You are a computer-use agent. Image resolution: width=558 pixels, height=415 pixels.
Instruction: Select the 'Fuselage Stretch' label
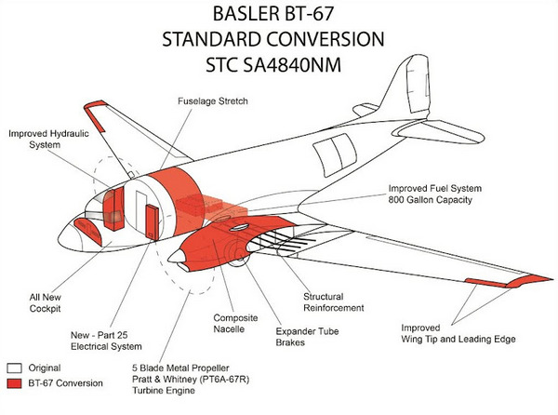click(213, 100)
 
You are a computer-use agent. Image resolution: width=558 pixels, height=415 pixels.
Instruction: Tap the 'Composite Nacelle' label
click(234, 321)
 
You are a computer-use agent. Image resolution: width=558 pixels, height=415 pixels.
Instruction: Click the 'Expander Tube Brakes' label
click(307, 335)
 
